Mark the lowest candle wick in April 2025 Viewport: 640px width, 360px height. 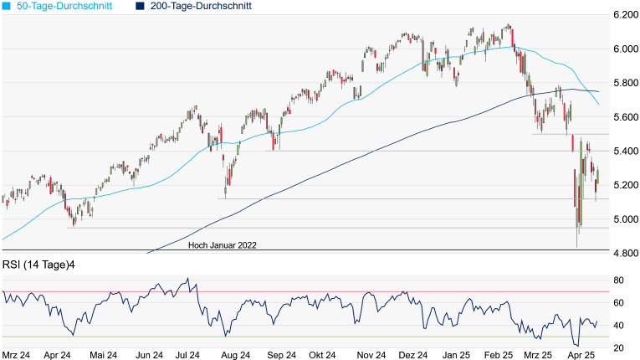(577, 246)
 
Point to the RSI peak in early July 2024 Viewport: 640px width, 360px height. (188, 279)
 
